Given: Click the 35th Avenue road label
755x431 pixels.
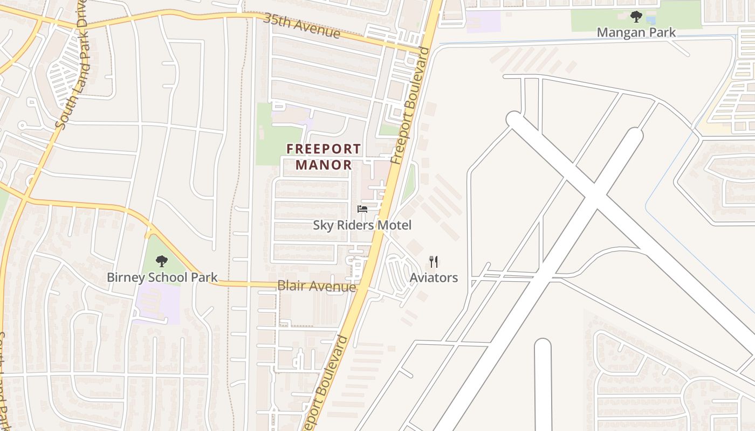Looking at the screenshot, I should pyautogui.click(x=301, y=25).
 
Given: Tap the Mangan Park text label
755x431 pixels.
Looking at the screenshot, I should pyautogui.click(x=636, y=32).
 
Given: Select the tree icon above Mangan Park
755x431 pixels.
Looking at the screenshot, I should pyautogui.click(x=636, y=17).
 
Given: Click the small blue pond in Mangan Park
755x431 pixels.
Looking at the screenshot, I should pyautogui.click(x=651, y=20).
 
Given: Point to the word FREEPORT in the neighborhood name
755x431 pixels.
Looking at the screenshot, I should pyautogui.click(x=324, y=149).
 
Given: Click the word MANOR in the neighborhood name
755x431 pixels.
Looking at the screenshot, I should pyautogui.click(x=324, y=165).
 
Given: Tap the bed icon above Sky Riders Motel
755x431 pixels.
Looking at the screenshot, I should pyautogui.click(x=362, y=209).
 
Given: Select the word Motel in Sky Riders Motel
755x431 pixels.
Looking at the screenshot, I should pyautogui.click(x=394, y=225).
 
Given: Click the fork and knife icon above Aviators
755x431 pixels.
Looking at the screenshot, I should pyautogui.click(x=434, y=262).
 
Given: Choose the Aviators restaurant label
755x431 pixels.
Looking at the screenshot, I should pyautogui.click(x=434, y=278).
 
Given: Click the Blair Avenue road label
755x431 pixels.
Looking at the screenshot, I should pyautogui.click(x=317, y=286).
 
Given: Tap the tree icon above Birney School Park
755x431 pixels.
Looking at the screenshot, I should pyautogui.click(x=161, y=262).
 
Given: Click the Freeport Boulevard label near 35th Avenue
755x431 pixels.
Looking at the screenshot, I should pyautogui.click(x=411, y=106).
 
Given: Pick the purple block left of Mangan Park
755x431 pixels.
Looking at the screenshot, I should pyautogui.click(x=483, y=22).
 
